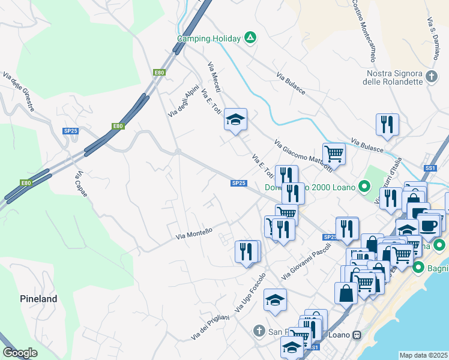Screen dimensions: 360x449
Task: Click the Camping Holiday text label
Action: click(209, 38)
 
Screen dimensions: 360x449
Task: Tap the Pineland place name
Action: click(38, 299)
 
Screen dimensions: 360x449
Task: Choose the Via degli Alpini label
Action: click(183, 100)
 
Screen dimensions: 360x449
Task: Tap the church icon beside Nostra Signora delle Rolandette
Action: click(432, 77)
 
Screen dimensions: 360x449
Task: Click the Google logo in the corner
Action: click(20, 353)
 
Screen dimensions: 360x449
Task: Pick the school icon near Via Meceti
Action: click(235, 119)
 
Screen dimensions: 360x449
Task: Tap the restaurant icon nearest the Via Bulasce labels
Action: click(387, 124)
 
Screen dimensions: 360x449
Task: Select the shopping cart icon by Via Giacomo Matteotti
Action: click(334, 154)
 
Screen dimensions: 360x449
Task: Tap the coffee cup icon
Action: click(429, 225)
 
